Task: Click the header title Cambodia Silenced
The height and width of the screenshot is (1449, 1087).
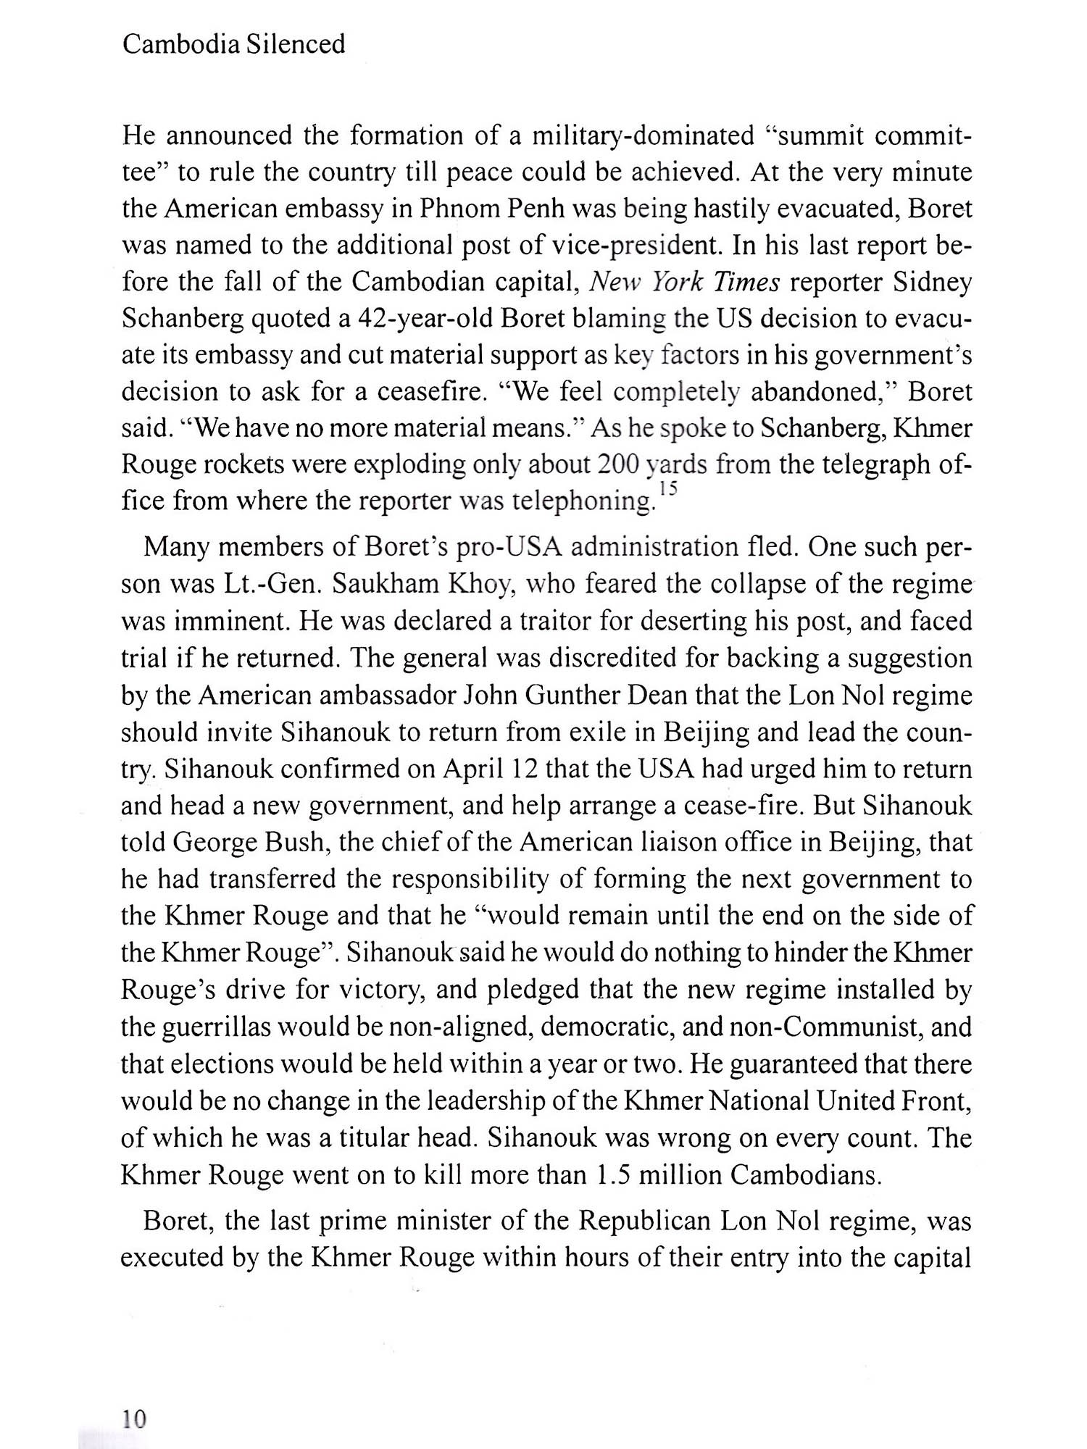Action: pyautogui.click(x=233, y=45)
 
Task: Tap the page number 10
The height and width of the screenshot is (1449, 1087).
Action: pyautogui.click(x=134, y=1418)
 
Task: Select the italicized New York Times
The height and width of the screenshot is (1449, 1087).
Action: pyautogui.click(x=685, y=282)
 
